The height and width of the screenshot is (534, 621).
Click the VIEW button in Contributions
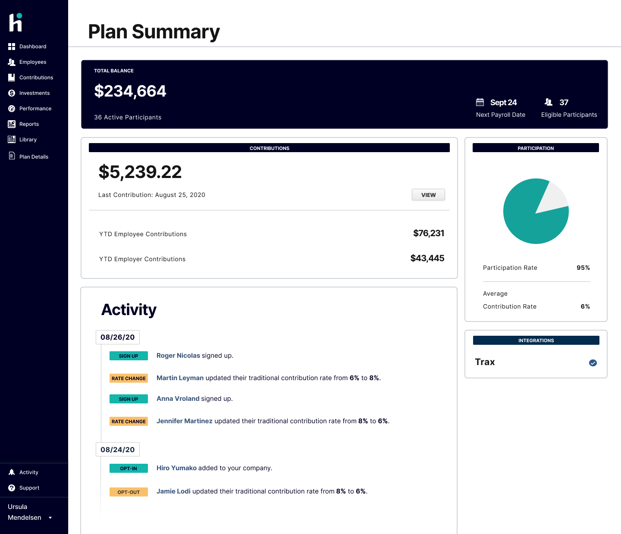point(428,195)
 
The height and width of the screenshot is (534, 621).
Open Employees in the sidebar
point(32,62)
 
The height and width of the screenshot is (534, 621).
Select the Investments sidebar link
point(34,93)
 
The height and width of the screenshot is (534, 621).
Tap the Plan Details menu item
point(33,157)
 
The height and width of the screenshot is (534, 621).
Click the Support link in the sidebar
point(29,488)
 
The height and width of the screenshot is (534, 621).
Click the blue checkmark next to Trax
point(593,363)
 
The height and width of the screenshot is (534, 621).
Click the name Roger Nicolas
point(178,356)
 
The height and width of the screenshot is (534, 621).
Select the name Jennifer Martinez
point(185,421)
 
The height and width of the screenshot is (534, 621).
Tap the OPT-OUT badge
point(129,492)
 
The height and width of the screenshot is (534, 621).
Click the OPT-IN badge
point(129,468)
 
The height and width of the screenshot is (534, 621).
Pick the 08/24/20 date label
point(117,450)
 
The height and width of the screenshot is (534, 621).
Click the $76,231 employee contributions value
point(428,233)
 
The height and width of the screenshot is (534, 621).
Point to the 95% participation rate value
point(583,268)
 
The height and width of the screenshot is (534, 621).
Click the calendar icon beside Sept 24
point(480,102)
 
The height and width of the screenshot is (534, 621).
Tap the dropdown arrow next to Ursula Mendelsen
point(50,518)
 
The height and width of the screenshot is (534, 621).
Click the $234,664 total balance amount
point(130,91)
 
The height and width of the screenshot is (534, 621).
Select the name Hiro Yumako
point(176,468)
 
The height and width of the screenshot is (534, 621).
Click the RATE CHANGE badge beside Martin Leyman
point(129,378)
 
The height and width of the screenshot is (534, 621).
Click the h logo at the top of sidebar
point(16,22)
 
